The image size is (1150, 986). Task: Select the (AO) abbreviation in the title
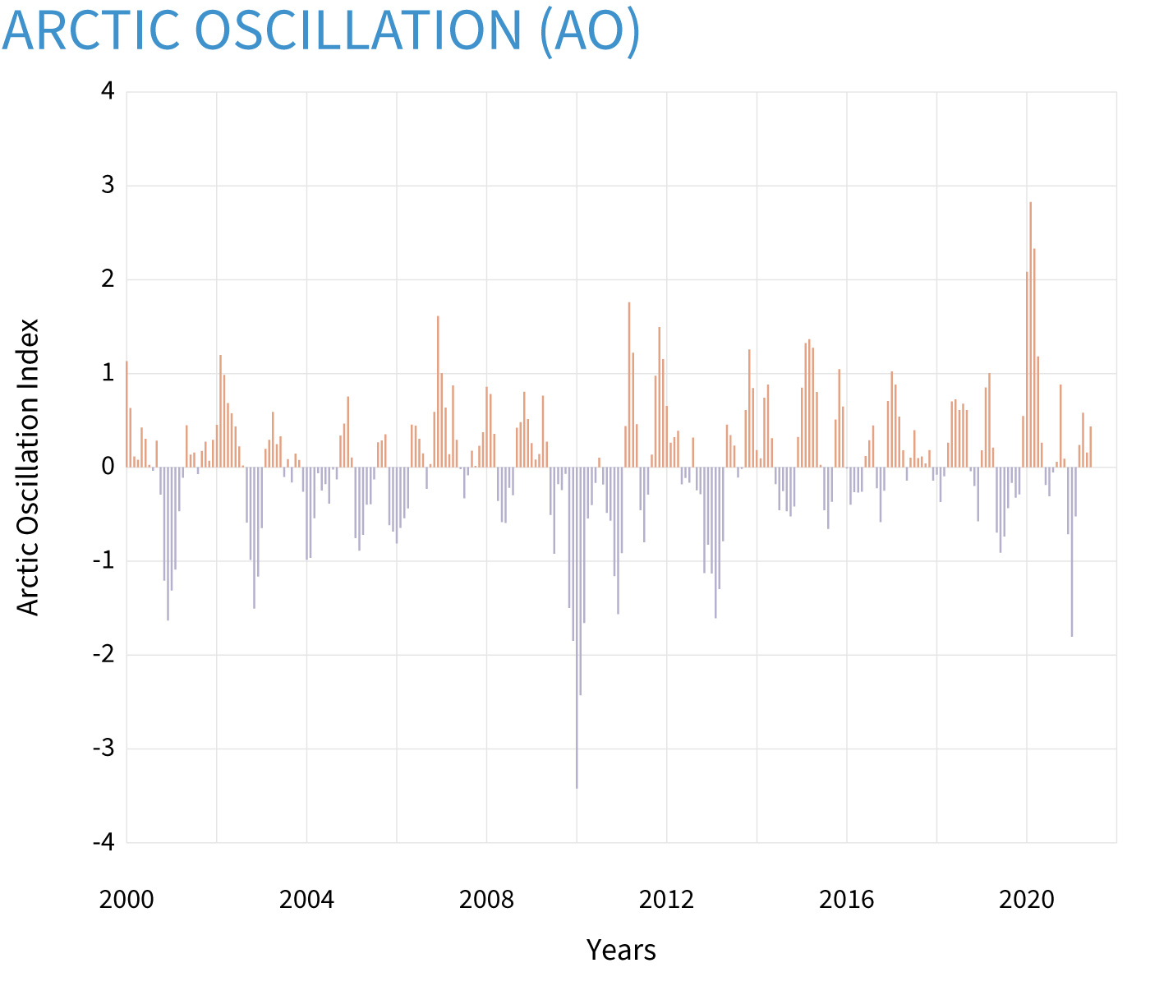pos(590,30)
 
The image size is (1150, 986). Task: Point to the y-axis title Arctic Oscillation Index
pos(29,467)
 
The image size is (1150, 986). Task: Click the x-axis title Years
pos(621,950)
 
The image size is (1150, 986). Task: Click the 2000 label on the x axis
pos(126,900)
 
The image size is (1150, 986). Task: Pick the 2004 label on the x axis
pos(306,900)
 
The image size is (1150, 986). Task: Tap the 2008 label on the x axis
pos(486,900)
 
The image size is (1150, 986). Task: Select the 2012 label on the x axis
pos(666,900)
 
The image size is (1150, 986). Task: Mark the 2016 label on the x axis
pos(846,900)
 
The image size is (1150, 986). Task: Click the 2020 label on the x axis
pos(1026,900)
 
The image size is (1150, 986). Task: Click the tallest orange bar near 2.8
pos(1030,329)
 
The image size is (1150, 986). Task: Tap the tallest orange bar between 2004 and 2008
pos(438,394)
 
